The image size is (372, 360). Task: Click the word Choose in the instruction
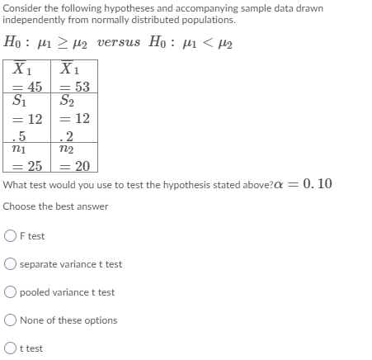[x=19, y=206]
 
